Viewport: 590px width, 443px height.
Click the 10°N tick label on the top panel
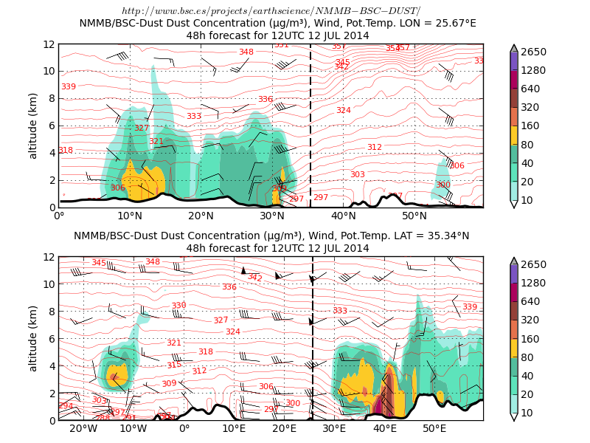(130, 216)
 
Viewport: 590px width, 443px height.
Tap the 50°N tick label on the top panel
(414, 216)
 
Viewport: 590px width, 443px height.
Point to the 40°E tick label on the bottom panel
(384, 429)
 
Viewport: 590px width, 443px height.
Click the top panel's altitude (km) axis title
(33, 126)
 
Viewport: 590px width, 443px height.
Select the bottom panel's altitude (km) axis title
(33, 338)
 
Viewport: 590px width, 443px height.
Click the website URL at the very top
(271, 11)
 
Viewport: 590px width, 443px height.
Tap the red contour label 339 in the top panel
(69, 87)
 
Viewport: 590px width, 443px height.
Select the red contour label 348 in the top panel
(246, 52)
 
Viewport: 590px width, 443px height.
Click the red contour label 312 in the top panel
(375, 148)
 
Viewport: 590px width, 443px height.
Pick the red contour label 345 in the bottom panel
(99, 263)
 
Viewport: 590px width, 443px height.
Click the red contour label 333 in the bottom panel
(340, 311)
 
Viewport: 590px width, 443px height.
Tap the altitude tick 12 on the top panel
(49, 44)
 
